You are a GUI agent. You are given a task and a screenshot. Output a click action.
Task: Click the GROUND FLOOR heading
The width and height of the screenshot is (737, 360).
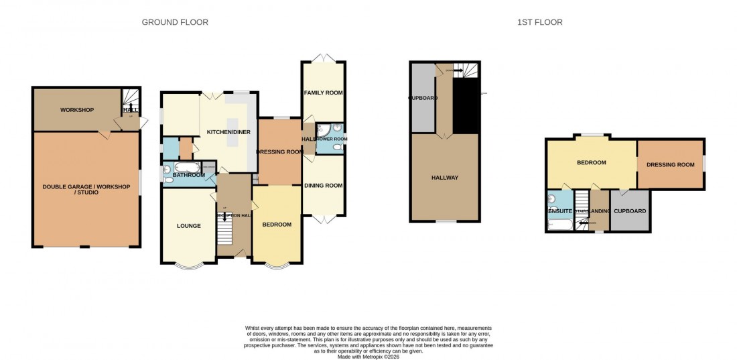[x=175, y=22]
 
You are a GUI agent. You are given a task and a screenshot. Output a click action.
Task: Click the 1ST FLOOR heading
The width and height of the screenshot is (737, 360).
[x=539, y=22]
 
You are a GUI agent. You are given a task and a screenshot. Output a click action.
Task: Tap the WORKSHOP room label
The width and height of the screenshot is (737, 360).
[x=76, y=110]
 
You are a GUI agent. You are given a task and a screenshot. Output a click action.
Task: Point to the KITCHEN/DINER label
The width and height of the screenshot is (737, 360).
[x=228, y=132]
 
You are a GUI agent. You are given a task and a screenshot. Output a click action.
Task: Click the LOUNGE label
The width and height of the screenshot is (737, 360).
[x=189, y=226]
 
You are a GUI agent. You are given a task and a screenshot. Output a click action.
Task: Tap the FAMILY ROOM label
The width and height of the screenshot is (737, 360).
[x=324, y=93]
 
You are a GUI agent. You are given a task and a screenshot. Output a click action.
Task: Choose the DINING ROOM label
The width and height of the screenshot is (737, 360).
[x=324, y=186]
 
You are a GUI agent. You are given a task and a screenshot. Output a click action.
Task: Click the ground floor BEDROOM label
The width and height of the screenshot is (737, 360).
[x=277, y=225]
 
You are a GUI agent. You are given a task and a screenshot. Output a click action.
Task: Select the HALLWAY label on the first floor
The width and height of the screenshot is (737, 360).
[x=445, y=178]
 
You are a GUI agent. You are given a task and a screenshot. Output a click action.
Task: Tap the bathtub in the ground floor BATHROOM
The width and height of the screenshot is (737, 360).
[x=187, y=166]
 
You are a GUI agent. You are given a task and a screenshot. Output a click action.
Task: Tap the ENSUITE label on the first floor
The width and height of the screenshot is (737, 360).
[x=559, y=211]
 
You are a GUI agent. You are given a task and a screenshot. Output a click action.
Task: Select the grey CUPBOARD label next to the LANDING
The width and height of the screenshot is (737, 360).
[x=630, y=211]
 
